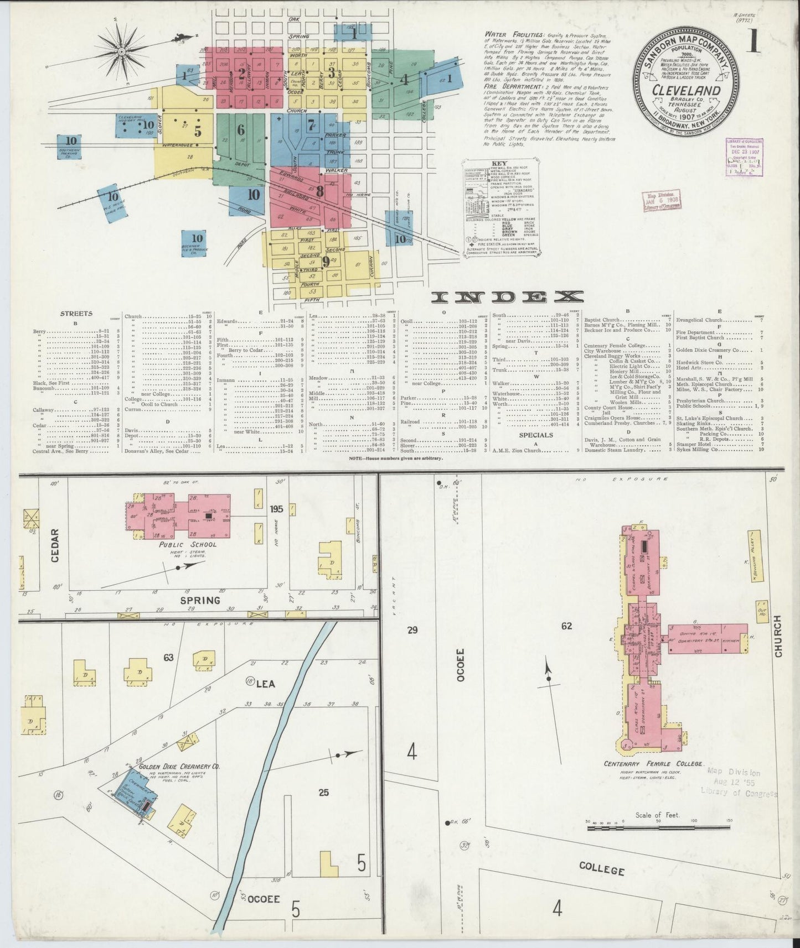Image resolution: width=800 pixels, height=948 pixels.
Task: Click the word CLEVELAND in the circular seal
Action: pos(686,90)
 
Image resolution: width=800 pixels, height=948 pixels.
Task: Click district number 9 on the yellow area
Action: pos(326,261)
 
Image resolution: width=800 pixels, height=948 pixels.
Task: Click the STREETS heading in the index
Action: pos(76,313)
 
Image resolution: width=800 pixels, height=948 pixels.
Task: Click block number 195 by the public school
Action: pos(276,508)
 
